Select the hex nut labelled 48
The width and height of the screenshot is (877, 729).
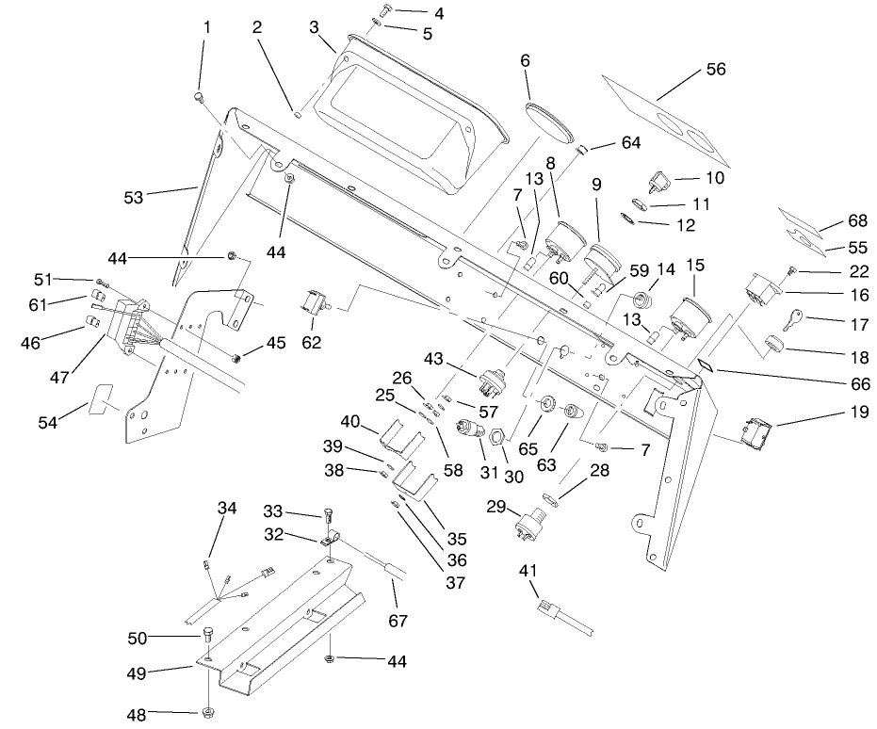point(207,708)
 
